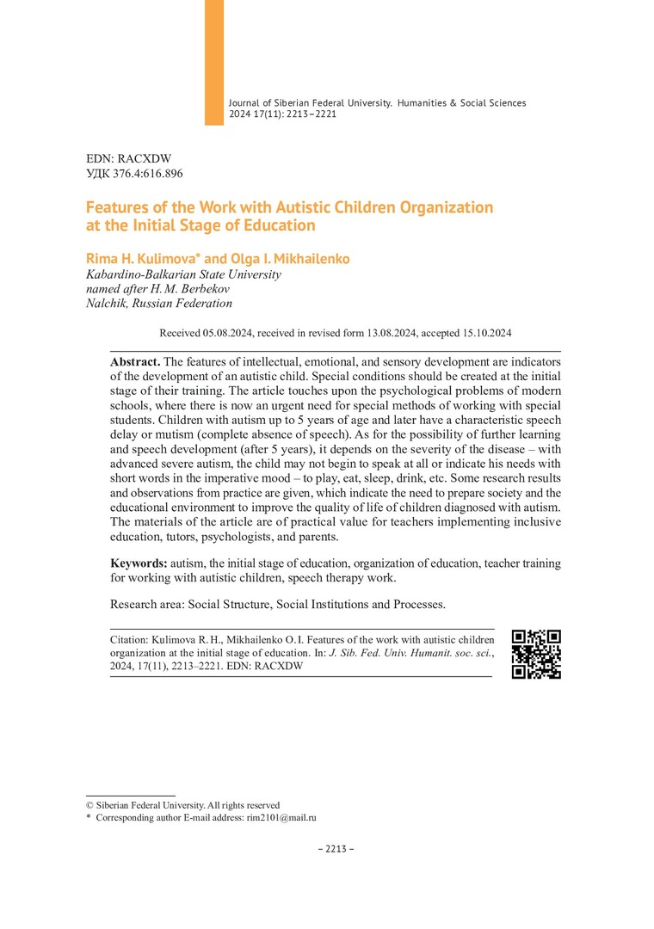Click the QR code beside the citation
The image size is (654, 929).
coord(536,654)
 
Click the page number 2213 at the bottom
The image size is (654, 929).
coord(336,849)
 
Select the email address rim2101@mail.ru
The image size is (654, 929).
coord(284,818)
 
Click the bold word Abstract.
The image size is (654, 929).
coord(135,361)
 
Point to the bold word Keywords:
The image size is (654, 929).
coord(139,563)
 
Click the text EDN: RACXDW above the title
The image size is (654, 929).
coord(129,159)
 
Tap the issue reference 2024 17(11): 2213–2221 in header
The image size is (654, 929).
coord(282,114)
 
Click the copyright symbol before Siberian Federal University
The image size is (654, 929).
coord(89,805)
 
